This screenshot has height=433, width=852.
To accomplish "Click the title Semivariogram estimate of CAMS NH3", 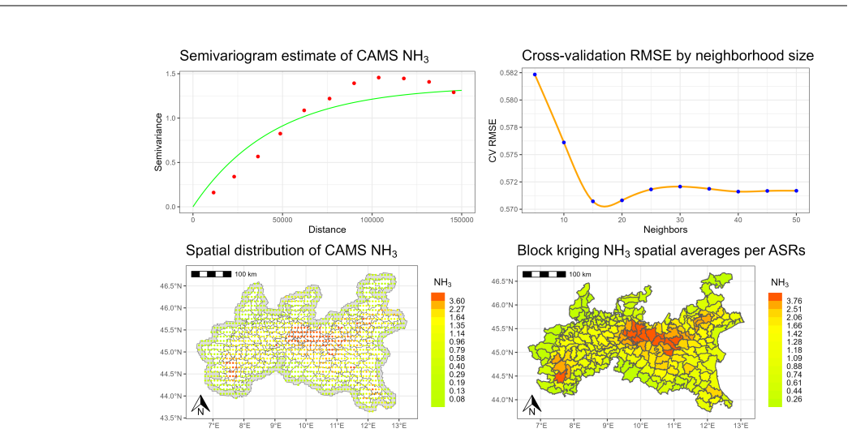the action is [x=304, y=56].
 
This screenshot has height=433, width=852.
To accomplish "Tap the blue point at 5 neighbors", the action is [x=535, y=75].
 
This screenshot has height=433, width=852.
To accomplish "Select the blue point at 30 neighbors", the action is [x=680, y=186].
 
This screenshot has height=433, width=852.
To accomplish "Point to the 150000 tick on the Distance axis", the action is [x=462, y=220].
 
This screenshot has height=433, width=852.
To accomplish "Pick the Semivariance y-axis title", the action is [x=159, y=143].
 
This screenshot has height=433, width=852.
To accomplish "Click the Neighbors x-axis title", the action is [x=665, y=229].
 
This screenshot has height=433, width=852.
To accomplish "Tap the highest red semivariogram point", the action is [x=379, y=78].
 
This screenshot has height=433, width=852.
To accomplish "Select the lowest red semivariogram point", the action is [x=213, y=192].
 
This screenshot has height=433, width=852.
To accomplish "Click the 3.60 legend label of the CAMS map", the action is [x=456, y=301].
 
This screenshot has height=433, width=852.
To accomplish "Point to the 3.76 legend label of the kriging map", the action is [x=794, y=301].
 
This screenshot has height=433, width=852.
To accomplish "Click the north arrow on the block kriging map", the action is [x=532, y=404].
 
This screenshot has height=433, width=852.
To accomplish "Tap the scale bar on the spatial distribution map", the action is [x=211, y=274].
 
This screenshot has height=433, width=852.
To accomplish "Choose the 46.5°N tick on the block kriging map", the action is [x=503, y=281].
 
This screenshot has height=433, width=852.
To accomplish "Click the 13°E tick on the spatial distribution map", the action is [x=399, y=426].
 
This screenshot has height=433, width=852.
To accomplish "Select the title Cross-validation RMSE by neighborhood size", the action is [x=668, y=55].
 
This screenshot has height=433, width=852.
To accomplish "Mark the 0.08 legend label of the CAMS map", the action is [x=456, y=399].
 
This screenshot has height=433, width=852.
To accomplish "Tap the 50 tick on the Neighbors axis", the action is [x=796, y=220].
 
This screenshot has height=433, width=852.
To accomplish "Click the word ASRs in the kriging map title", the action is [x=787, y=251].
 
